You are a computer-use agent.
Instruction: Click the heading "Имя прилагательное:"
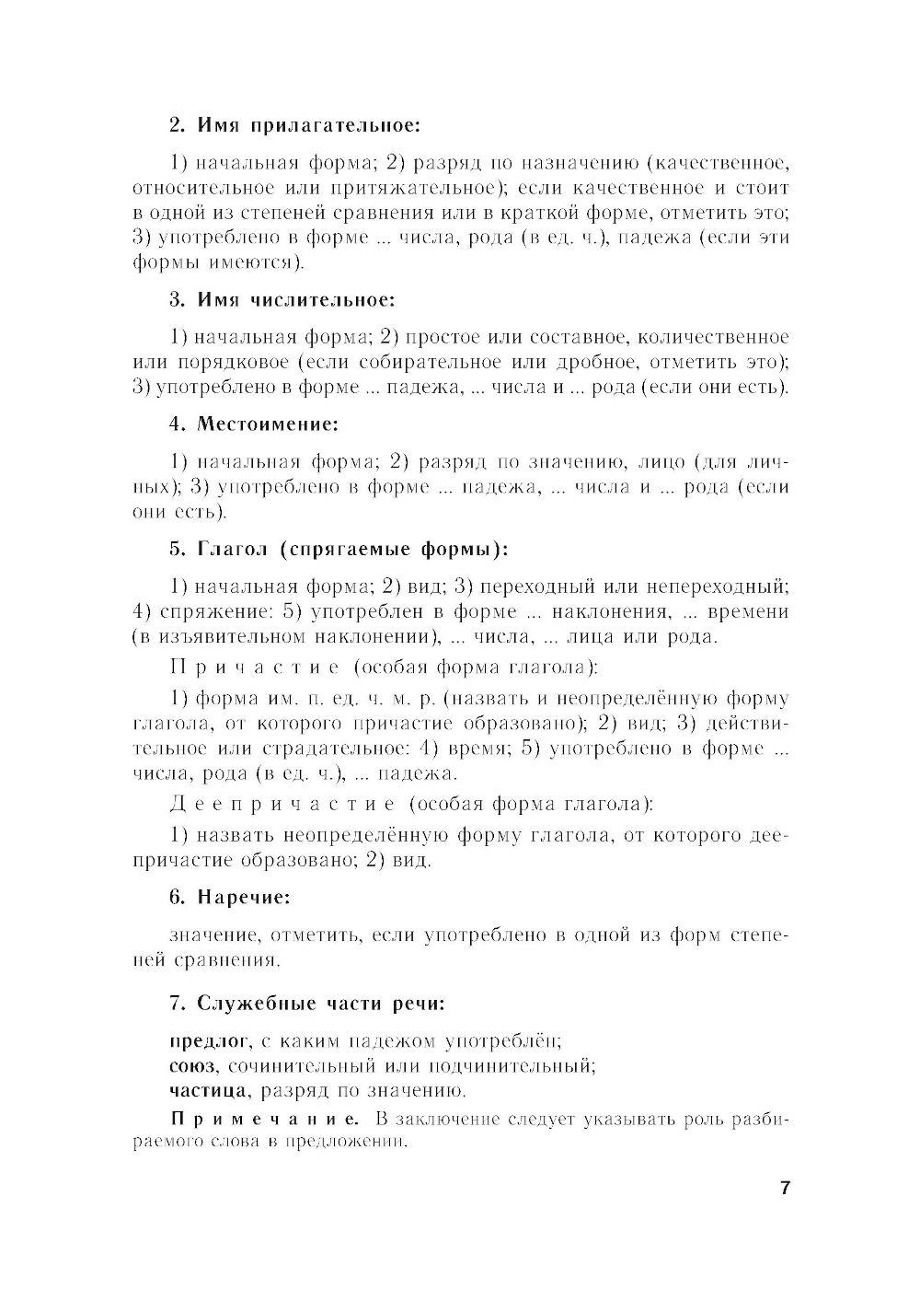pyautogui.click(x=295, y=124)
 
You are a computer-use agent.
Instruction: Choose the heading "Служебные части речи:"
pyautogui.click(x=307, y=1003)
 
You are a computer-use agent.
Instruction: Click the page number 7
pyautogui.click(x=785, y=1188)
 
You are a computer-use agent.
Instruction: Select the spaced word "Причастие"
pyautogui.click(x=255, y=667)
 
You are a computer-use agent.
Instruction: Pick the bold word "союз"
pyautogui.click(x=192, y=1066)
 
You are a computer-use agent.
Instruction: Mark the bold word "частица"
pyautogui.click(x=209, y=1091)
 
